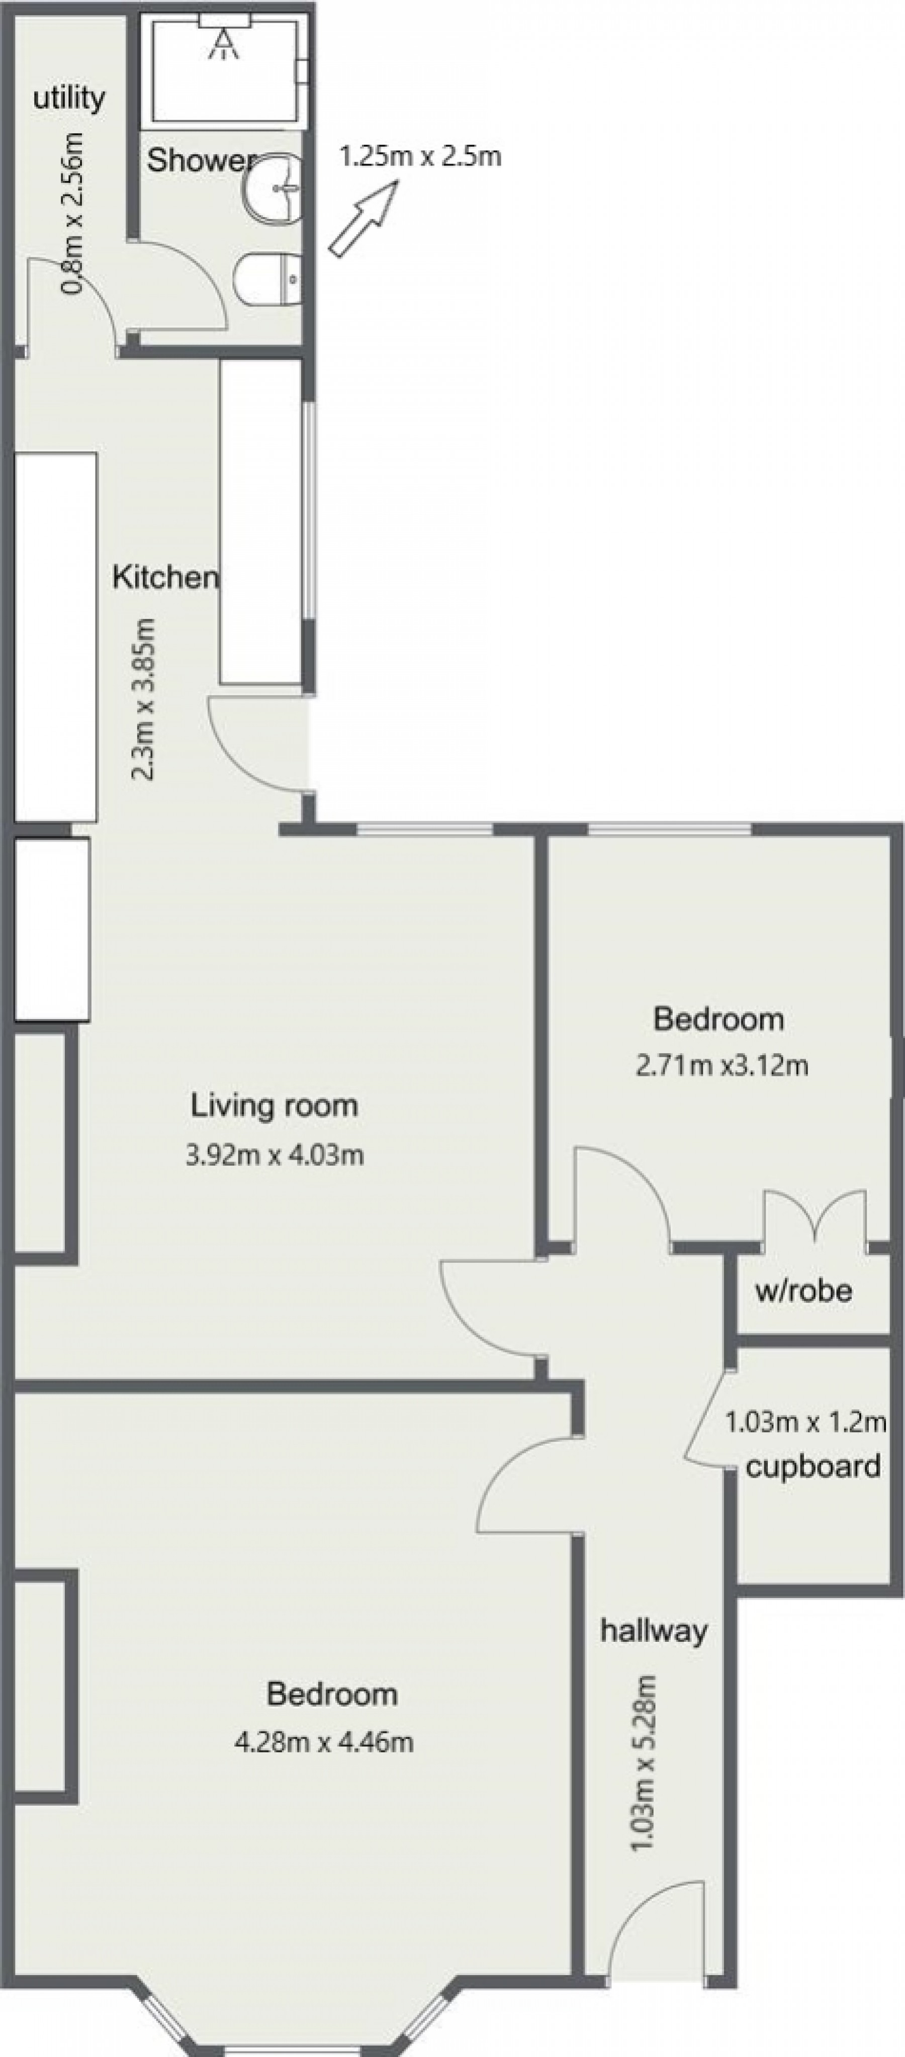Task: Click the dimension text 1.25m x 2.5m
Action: pyautogui.click(x=420, y=156)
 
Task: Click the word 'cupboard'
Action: pyautogui.click(x=812, y=1466)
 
